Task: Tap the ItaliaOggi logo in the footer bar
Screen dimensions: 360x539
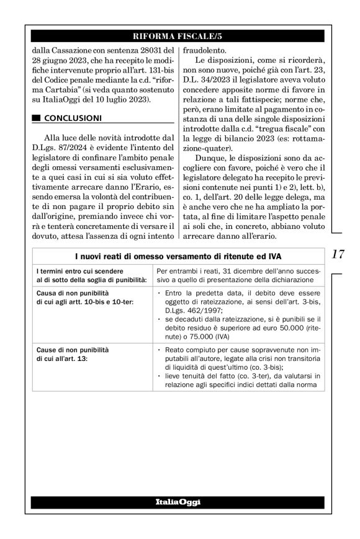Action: tap(179, 501)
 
